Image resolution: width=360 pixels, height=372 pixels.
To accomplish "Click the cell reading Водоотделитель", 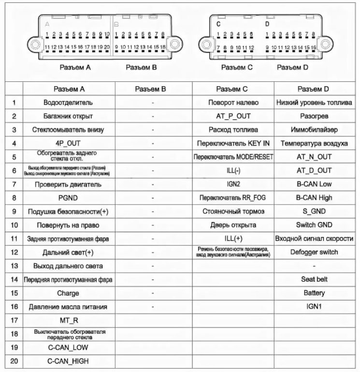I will [68, 103].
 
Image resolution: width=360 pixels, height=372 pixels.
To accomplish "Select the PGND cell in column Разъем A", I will [68, 198].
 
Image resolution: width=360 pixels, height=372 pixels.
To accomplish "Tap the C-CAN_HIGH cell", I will [68, 361].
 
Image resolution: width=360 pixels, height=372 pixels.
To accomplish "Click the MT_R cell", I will [68, 320].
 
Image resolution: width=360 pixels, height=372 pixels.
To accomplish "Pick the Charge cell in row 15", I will [68, 293].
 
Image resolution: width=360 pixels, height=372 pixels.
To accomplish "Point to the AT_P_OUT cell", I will [233, 116].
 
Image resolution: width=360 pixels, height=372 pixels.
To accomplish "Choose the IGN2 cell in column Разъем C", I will [233, 184].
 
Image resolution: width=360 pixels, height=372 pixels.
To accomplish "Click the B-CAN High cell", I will [314, 198].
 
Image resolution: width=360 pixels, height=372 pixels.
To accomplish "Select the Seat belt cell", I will [314, 280].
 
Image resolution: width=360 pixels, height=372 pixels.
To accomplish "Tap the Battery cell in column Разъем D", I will [314, 293].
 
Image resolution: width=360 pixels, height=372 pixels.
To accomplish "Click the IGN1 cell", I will [314, 307].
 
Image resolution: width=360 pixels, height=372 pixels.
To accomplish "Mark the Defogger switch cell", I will [314, 252].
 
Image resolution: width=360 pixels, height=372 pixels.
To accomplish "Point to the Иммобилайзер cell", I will [314, 130].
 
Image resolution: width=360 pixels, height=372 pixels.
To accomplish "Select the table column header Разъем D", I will [314, 89].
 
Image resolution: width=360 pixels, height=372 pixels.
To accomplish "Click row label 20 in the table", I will [14, 361].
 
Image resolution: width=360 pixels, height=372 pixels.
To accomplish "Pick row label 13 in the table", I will [14, 266].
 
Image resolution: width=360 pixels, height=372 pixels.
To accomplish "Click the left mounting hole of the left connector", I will [35, 45].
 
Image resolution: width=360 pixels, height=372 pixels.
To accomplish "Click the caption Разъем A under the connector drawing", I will [75, 68].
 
